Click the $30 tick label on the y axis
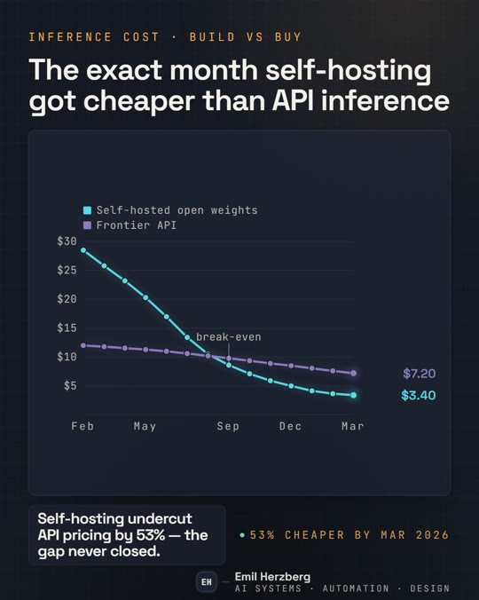[x=67, y=241]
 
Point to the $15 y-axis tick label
[x=67, y=328]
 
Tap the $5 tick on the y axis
[x=70, y=386]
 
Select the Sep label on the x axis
[x=228, y=426]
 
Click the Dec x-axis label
[x=291, y=426]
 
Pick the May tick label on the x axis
[x=145, y=427]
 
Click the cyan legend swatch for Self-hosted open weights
[x=87, y=210]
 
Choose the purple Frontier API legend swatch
[x=87, y=225]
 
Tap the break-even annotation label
[x=229, y=337]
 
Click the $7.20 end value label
[x=420, y=374]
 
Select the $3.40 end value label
[x=419, y=395]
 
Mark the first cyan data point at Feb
[x=83, y=250]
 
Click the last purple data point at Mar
[x=354, y=373]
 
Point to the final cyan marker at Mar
[x=354, y=395]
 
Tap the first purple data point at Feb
[x=83, y=345]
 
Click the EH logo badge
[x=207, y=582]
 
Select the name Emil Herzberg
[x=272, y=577]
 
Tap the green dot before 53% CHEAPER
[x=242, y=535]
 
